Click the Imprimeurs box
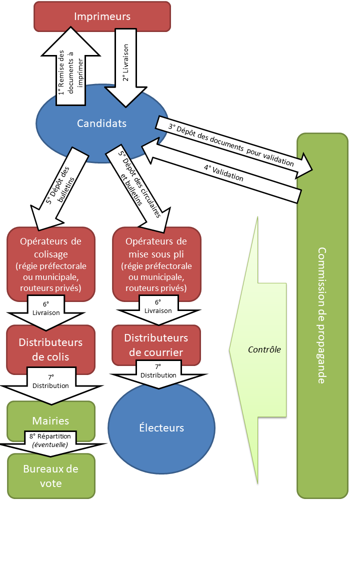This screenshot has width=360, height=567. point(102,16)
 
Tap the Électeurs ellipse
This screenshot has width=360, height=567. point(161,428)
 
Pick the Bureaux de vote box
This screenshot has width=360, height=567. point(51,476)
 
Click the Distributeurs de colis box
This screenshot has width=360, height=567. point(51,349)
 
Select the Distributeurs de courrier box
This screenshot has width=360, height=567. point(156,345)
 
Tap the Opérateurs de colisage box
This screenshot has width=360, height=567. point(51,264)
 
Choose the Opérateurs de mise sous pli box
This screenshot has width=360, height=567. point(156,264)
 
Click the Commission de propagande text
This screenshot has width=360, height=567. point(322,315)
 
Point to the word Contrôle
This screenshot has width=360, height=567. point(264,350)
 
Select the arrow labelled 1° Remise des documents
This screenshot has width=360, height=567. point(70,70)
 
